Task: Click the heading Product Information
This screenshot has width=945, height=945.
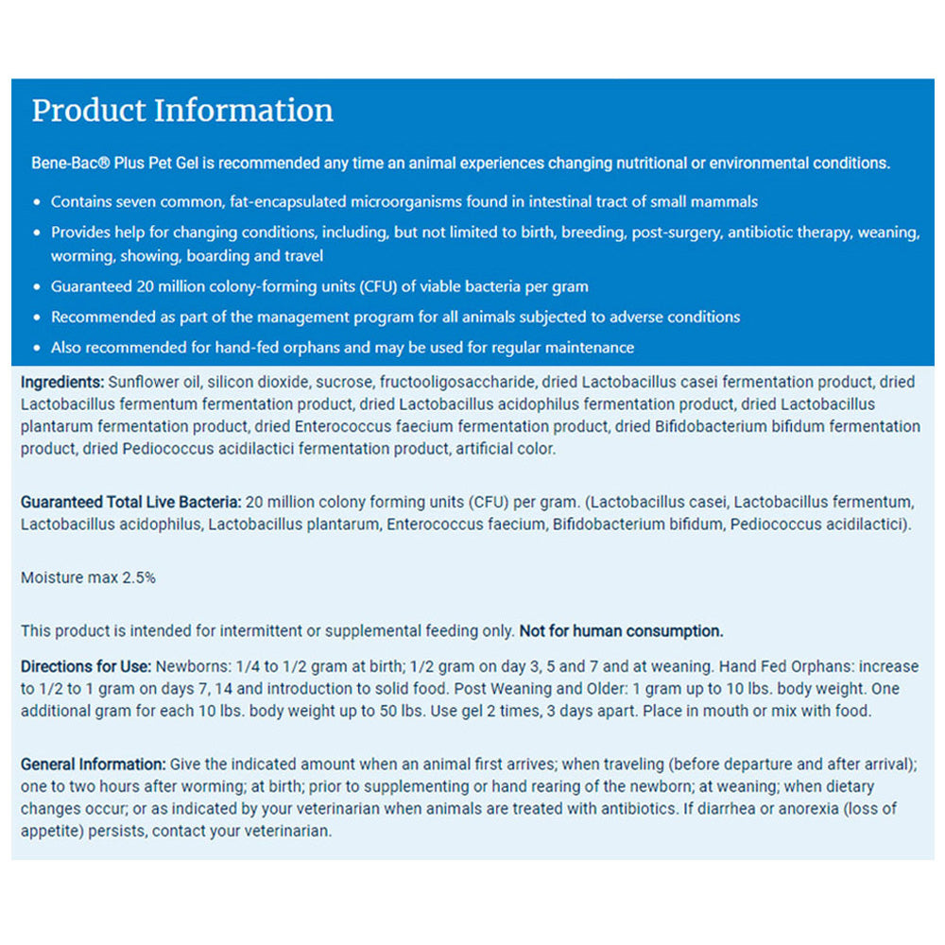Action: [x=182, y=111]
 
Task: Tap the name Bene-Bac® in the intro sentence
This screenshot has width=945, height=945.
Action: [x=65, y=163]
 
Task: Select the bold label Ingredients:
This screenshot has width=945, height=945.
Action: [x=62, y=383]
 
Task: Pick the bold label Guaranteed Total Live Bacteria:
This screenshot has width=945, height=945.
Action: [x=131, y=501]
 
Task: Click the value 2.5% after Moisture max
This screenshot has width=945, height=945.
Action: [x=139, y=577]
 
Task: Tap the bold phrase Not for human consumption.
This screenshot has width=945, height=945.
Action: [x=621, y=630]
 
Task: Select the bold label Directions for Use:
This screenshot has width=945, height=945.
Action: [x=86, y=665]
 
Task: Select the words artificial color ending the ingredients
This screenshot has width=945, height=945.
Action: [x=506, y=449]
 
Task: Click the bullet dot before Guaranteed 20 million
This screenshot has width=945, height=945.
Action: [x=37, y=286]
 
